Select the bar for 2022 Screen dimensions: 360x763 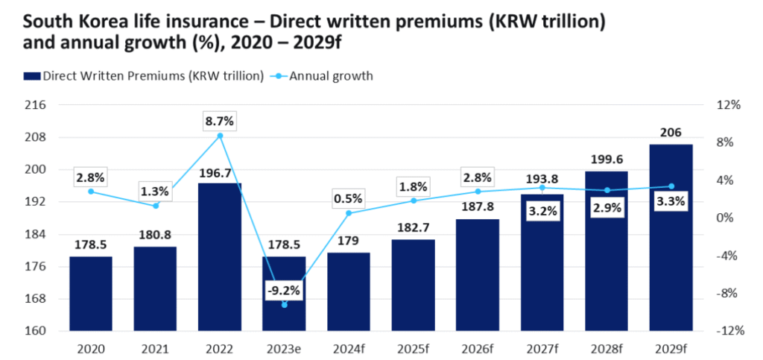[x=220, y=257]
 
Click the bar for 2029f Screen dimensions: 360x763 [x=671, y=238]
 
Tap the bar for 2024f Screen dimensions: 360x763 [x=349, y=291]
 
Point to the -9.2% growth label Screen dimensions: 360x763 [x=284, y=291]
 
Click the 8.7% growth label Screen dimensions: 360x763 [x=219, y=119]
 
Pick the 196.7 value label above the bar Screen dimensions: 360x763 [x=220, y=172]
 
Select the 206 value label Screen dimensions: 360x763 [x=671, y=133]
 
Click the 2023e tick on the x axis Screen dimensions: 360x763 [x=284, y=348]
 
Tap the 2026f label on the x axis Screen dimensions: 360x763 [x=478, y=348]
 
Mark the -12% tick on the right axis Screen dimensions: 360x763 [x=727, y=331]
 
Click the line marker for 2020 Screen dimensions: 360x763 [x=91, y=192]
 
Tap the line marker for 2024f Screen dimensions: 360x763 [x=349, y=213]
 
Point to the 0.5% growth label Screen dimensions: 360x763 [x=349, y=198]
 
